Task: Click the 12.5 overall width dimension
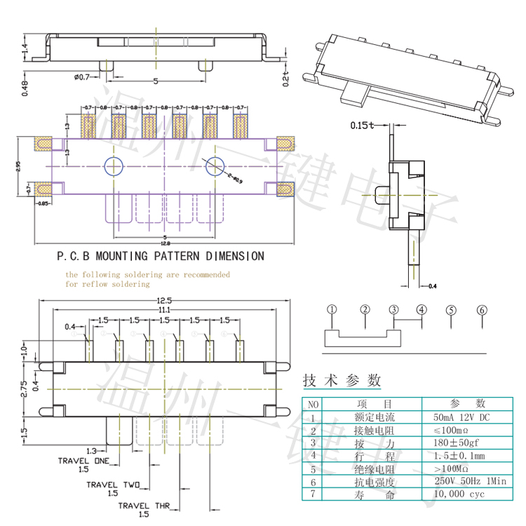pos(164,300)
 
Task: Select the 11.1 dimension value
pos(164,309)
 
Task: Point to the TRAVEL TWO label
pos(113,484)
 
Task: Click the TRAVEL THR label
pos(144,505)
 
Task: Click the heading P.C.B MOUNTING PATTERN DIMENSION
pos(161,256)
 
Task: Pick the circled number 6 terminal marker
pos(482,309)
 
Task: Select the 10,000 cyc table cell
pos(459,494)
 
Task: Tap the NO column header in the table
pos(313,403)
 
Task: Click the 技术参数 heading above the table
pos(342,381)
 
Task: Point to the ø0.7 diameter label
pos(82,76)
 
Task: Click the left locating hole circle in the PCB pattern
pos(112,166)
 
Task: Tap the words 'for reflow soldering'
pos(107,284)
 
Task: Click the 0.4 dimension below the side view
pos(432,286)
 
